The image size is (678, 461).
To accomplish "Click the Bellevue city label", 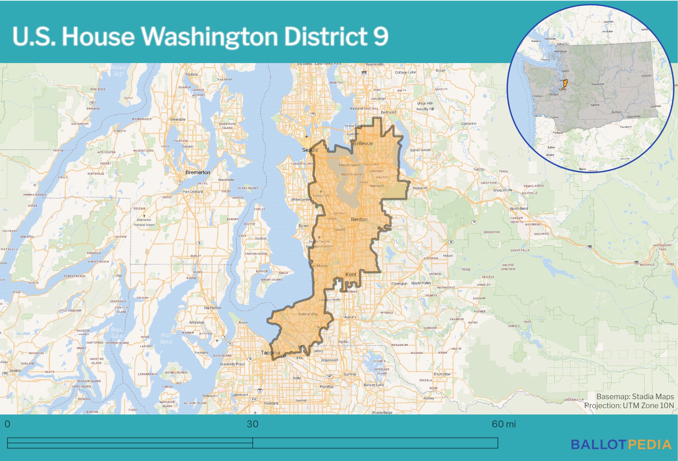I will click(363, 143).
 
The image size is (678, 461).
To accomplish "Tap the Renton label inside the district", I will click(359, 219).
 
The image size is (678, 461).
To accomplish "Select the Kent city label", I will click(350, 275).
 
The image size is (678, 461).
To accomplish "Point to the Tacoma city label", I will click(270, 353).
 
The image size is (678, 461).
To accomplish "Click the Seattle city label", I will click(310, 150).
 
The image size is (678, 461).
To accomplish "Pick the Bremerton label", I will click(198, 172).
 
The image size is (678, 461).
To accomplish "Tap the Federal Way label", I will click(308, 314).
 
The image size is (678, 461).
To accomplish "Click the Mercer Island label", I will click(349, 165).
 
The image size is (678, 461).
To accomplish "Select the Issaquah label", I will click(420, 188).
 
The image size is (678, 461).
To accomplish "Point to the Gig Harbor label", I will click(212, 308).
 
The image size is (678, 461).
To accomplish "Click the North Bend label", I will click(519, 209).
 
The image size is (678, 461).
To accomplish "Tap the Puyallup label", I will click(327, 386).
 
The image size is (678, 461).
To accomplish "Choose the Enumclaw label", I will click(442, 374).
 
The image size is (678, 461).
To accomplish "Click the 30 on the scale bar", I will click(252, 424).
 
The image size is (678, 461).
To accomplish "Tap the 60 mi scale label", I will click(504, 424).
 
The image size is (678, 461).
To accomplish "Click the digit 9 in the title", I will click(381, 37).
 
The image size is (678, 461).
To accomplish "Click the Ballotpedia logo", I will click(621, 445).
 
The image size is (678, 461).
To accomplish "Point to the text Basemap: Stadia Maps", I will click(635, 396).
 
